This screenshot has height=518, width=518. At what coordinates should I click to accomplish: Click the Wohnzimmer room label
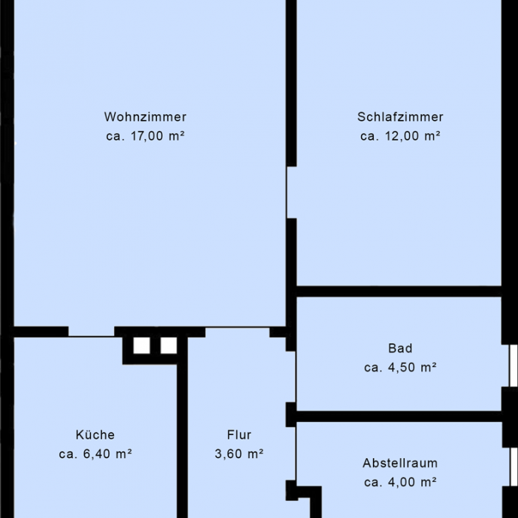(x=145, y=117)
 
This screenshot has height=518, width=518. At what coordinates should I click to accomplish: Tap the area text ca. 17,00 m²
(x=145, y=136)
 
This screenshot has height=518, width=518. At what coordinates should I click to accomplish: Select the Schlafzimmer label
(x=400, y=117)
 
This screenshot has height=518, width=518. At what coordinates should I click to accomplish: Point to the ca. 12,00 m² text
(x=400, y=136)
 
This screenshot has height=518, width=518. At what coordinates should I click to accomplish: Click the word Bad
(x=400, y=348)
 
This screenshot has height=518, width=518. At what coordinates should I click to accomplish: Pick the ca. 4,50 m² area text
(x=400, y=367)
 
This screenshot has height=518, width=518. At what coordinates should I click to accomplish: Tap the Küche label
(x=95, y=435)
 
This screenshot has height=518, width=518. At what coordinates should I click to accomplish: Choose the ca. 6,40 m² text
(x=95, y=454)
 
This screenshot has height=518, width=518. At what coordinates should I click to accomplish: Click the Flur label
(x=239, y=435)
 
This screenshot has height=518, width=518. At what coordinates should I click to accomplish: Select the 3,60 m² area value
(x=239, y=454)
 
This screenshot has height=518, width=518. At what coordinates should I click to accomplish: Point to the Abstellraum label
(x=400, y=463)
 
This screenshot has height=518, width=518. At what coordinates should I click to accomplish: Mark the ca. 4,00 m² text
(x=400, y=482)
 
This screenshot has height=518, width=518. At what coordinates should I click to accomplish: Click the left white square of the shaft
(x=141, y=346)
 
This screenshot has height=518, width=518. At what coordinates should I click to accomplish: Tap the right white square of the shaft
(x=169, y=346)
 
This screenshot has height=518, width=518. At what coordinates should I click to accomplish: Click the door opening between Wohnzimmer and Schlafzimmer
(x=291, y=192)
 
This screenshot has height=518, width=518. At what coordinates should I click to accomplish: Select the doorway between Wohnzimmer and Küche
(x=91, y=333)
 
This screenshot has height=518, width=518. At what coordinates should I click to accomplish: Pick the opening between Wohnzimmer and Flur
(x=237, y=328)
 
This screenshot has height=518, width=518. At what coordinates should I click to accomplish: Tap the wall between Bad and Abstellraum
(x=400, y=417)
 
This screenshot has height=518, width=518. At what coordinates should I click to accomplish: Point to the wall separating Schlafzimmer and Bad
(x=400, y=292)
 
